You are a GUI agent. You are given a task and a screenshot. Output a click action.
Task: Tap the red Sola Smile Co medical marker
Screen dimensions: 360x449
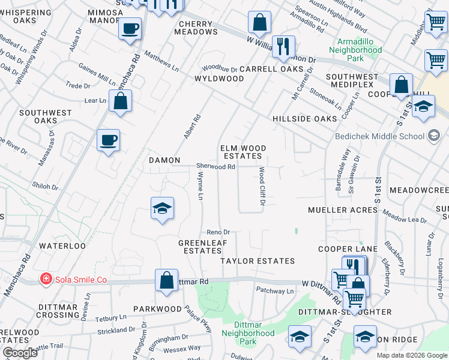pos(46,279)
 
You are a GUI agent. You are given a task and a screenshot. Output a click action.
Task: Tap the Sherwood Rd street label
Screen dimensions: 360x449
pos(215,166)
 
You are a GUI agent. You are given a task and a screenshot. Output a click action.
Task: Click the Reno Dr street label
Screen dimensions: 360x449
pos(218,232)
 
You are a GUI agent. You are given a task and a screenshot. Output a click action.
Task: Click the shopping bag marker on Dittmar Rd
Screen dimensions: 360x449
pos(166,280)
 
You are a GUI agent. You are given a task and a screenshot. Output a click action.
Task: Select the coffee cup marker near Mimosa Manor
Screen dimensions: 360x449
pos(130,28)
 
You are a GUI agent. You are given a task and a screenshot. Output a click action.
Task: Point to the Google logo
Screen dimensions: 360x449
pos(20,353)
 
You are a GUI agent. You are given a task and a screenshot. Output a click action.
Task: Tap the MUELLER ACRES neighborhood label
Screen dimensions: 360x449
pos(342,210)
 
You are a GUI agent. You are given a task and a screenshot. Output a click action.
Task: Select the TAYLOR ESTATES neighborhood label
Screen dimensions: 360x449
pos(258,261)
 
